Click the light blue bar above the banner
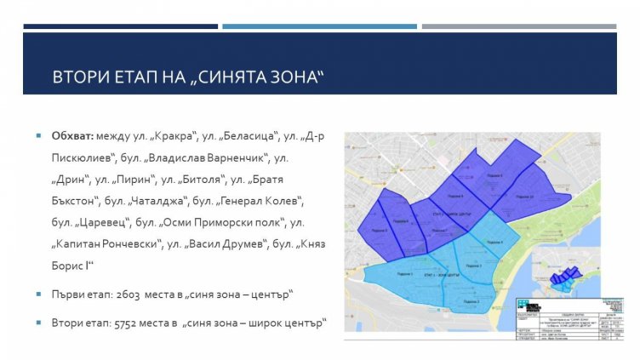(319, 26)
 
